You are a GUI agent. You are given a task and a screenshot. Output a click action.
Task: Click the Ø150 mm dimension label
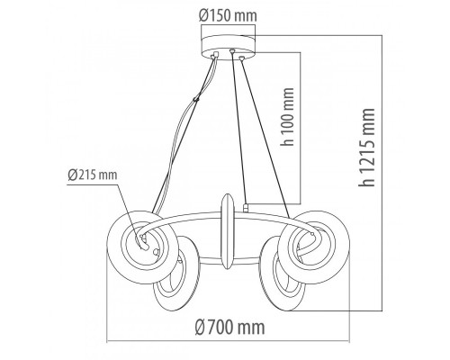228,15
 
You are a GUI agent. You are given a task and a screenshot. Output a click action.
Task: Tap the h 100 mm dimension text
287,116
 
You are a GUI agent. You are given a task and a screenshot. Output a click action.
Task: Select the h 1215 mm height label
366,148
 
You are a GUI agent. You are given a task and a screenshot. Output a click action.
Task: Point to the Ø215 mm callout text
93,175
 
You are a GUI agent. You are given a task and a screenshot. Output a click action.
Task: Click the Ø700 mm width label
229,327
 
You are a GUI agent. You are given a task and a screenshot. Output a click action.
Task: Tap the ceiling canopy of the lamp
228,47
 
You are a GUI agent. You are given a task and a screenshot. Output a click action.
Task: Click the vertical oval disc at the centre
228,231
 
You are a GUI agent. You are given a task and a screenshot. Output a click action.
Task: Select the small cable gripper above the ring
246,208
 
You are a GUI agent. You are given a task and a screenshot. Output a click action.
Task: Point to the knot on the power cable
196,98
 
